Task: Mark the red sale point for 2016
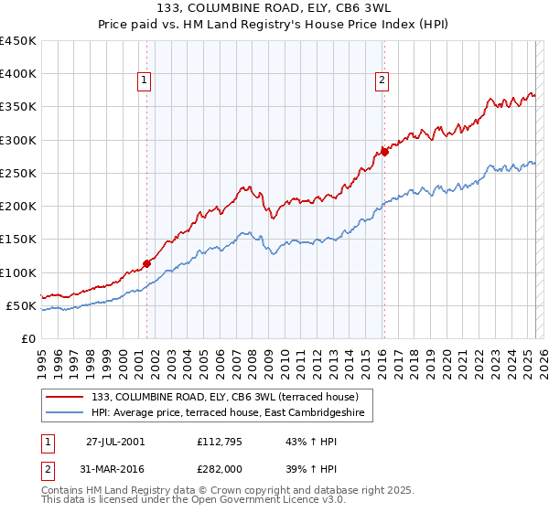point(384,152)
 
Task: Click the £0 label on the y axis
point(27,338)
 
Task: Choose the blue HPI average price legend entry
point(228,413)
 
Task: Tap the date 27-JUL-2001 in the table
point(114,442)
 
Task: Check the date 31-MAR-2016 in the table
point(114,468)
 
